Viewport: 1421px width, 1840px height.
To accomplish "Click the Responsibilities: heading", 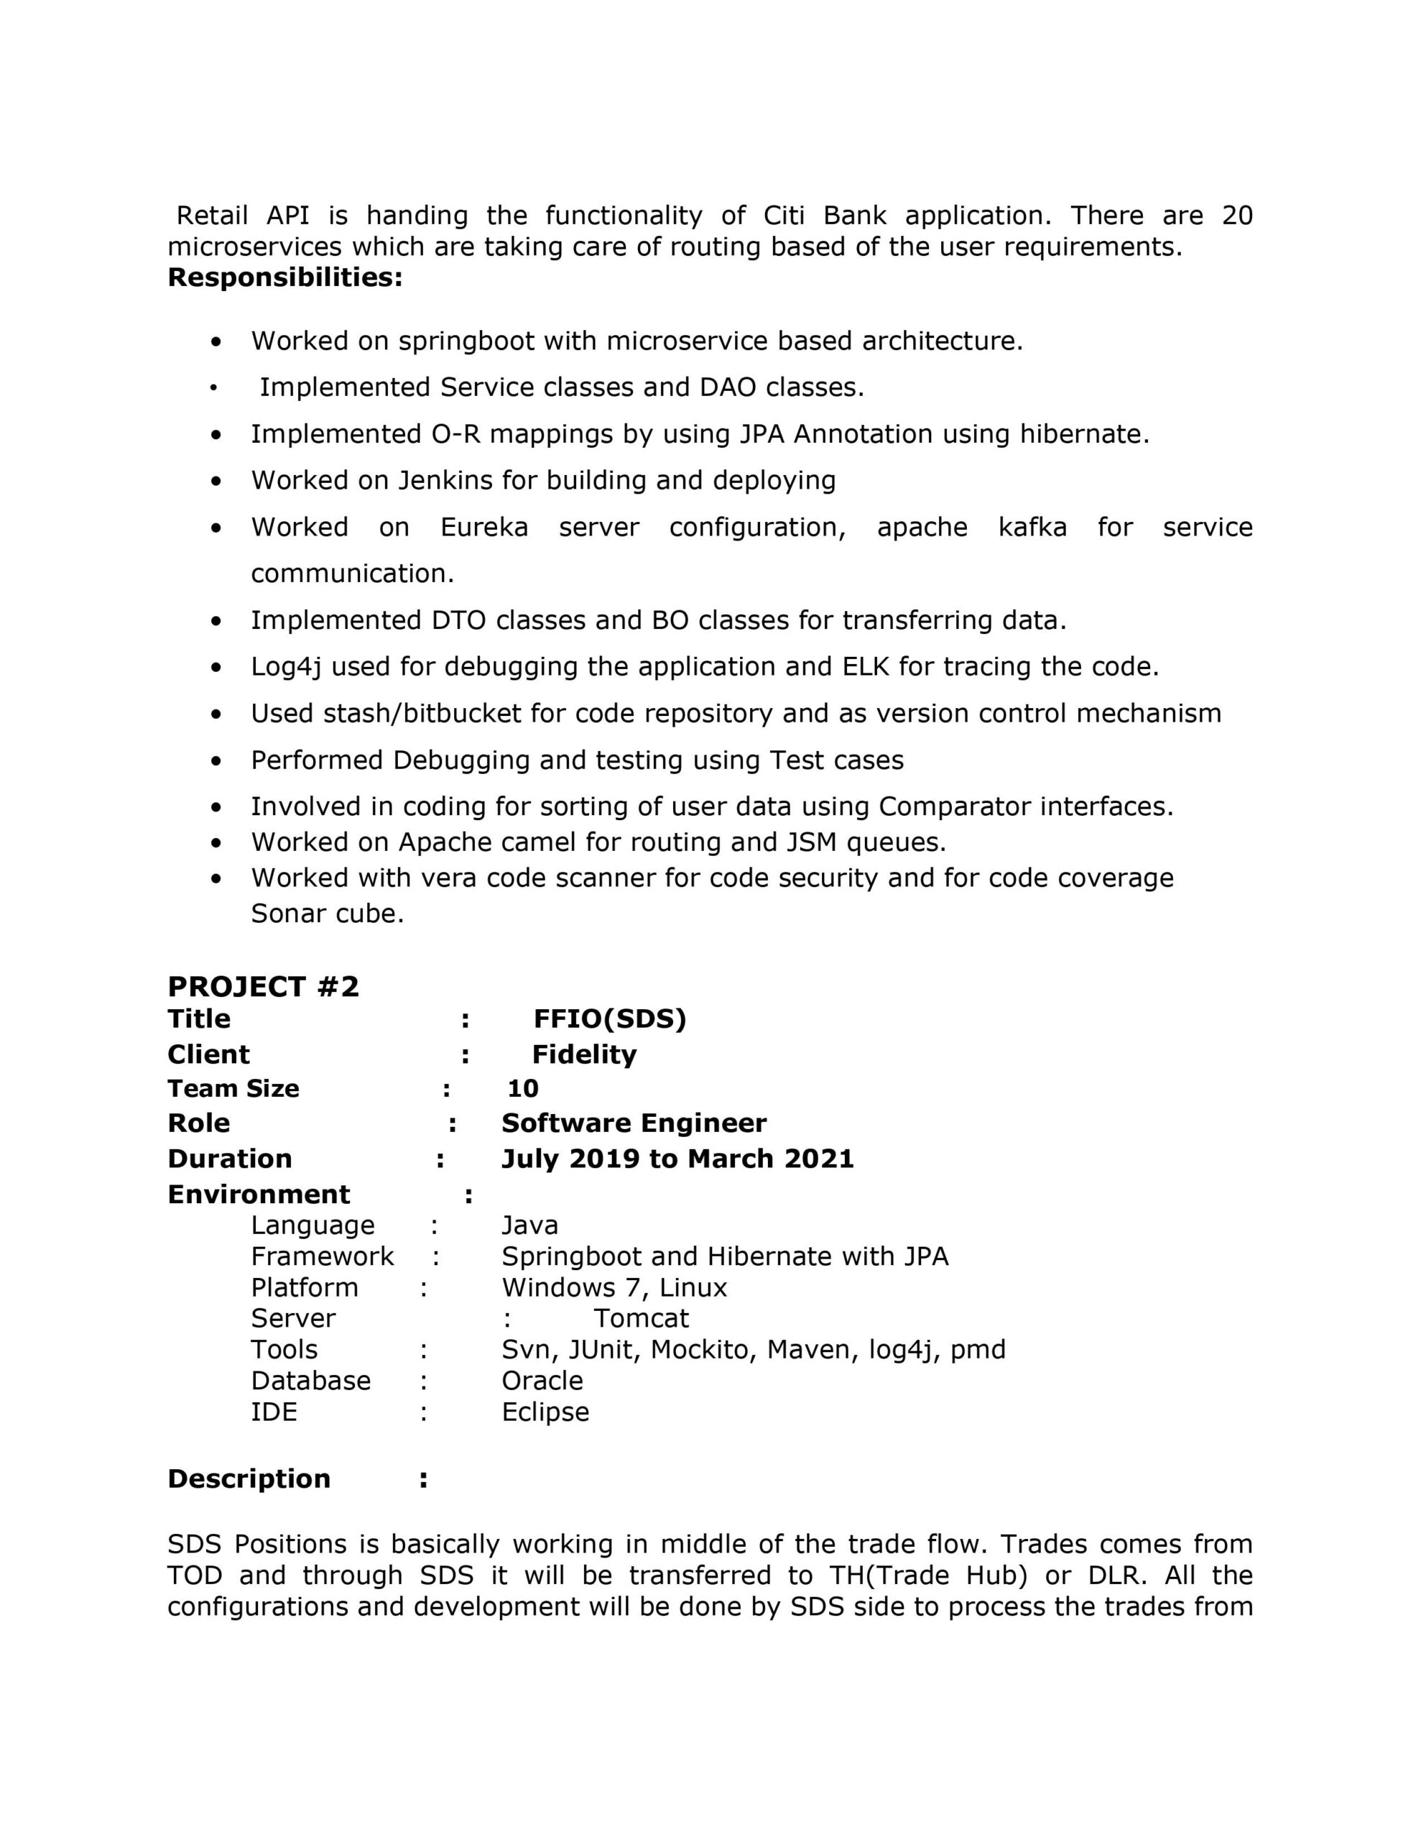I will tap(284, 277).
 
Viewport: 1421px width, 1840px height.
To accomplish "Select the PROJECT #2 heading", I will tap(263, 987).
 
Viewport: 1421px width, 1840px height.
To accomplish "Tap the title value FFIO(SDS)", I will tap(610, 1019).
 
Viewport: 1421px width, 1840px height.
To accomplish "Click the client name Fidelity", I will tap(584, 1055).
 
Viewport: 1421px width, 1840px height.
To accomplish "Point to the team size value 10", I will tap(522, 1088).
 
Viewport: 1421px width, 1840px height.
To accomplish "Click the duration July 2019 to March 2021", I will tap(677, 1159).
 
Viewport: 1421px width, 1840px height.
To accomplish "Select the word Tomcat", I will tap(641, 1317).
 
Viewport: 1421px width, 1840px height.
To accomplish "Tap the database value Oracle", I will tap(542, 1380).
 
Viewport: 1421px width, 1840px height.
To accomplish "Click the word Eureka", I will tap(484, 528).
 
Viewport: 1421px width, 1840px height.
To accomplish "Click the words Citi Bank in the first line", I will tap(825, 216).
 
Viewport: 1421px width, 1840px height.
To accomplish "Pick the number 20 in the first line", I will tap(1236, 216).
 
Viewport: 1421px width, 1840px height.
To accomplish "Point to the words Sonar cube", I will tap(327, 914).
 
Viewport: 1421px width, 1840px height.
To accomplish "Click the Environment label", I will tap(259, 1194).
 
